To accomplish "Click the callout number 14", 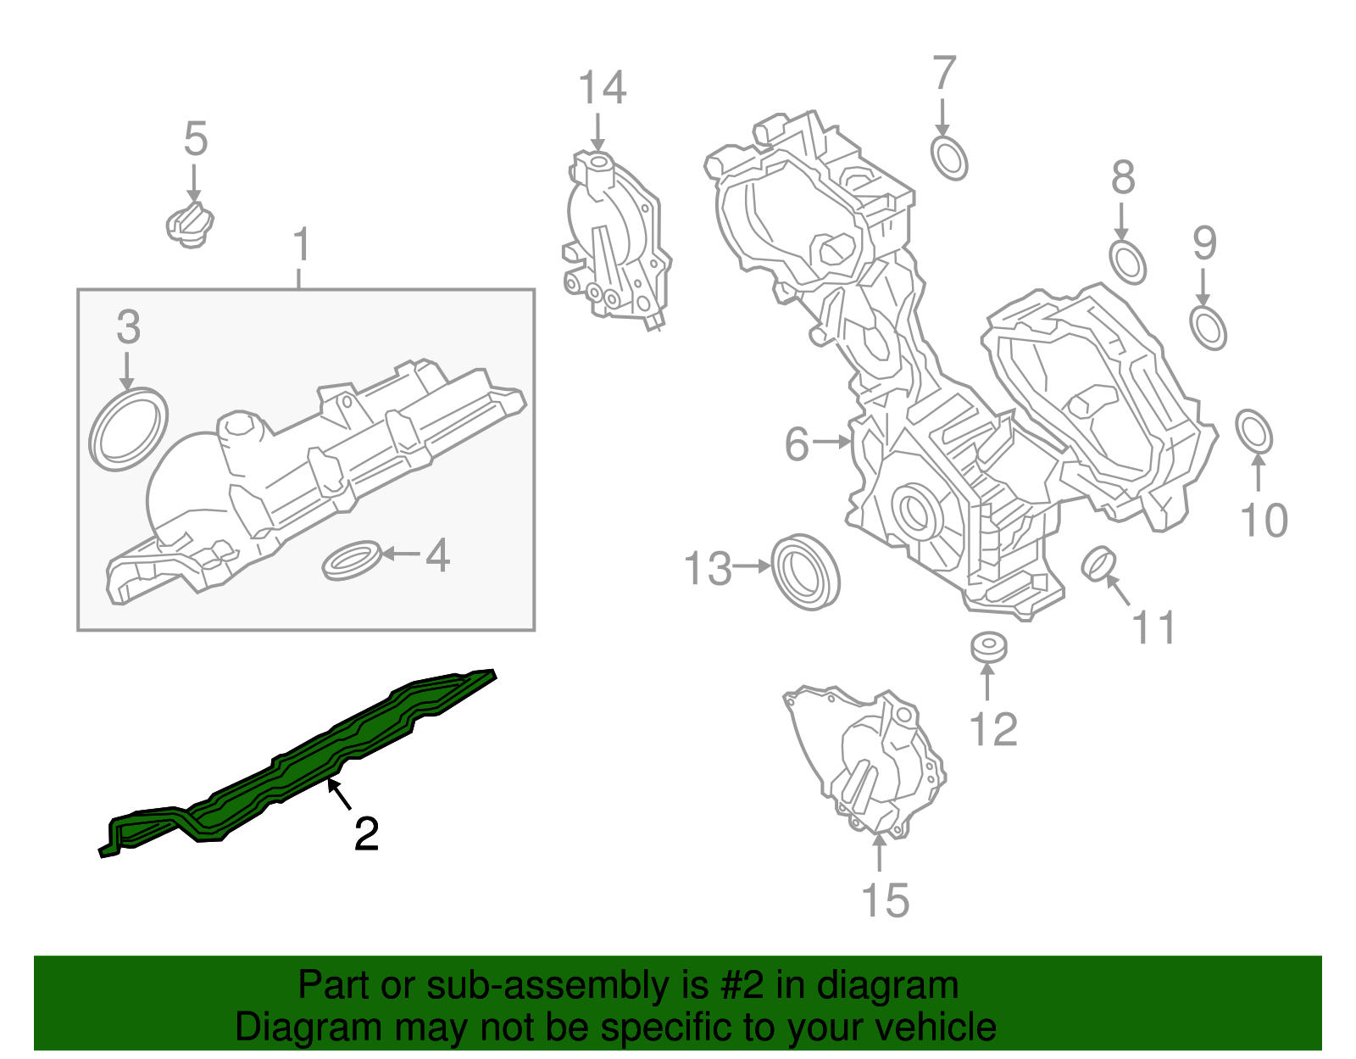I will (602, 88).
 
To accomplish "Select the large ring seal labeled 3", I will (128, 430).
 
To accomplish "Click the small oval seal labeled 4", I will (351, 560).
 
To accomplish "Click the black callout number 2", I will (366, 834).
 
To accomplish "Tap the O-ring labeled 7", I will (949, 158).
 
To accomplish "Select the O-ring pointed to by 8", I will (1127, 262).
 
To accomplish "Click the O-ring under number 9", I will (1208, 328).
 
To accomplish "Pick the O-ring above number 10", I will (1253, 432).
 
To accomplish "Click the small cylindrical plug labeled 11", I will (1099, 564).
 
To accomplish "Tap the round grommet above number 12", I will (988, 647).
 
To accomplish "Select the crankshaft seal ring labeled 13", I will (805, 572).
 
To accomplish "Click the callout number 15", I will (885, 900).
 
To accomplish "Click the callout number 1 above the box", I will (301, 245).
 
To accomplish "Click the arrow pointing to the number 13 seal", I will (753, 566).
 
